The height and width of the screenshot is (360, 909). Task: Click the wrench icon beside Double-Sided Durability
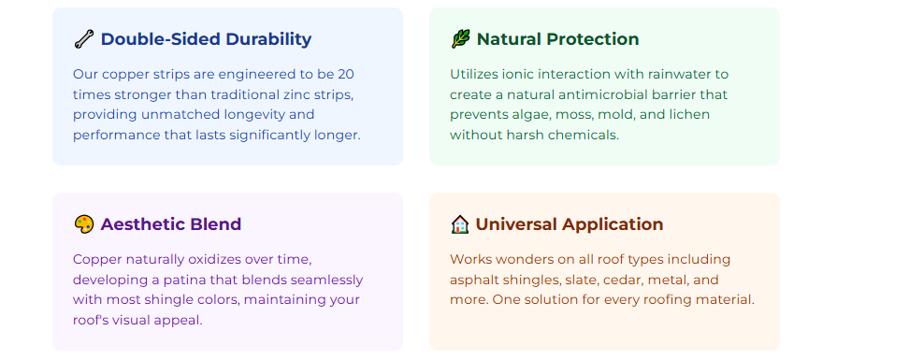pyautogui.click(x=83, y=39)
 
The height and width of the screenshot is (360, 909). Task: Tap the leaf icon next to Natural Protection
pyautogui.click(x=460, y=39)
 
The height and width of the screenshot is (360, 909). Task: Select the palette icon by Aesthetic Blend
pyautogui.click(x=83, y=224)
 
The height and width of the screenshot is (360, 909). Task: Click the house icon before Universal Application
pyautogui.click(x=460, y=224)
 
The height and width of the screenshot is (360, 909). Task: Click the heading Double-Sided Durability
pyautogui.click(x=206, y=39)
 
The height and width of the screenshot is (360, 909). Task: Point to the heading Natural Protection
pyautogui.click(x=557, y=39)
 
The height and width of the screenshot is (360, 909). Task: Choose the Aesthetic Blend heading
pyautogui.click(x=171, y=224)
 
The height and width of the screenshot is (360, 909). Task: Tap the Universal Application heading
pyautogui.click(x=569, y=224)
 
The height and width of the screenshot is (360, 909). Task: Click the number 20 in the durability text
pyautogui.click(x=346, y=74)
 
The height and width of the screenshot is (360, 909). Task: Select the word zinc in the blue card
pyautogui.click(x=286, y=94)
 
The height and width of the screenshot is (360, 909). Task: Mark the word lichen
pyautogui.click(x=690, y=115)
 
